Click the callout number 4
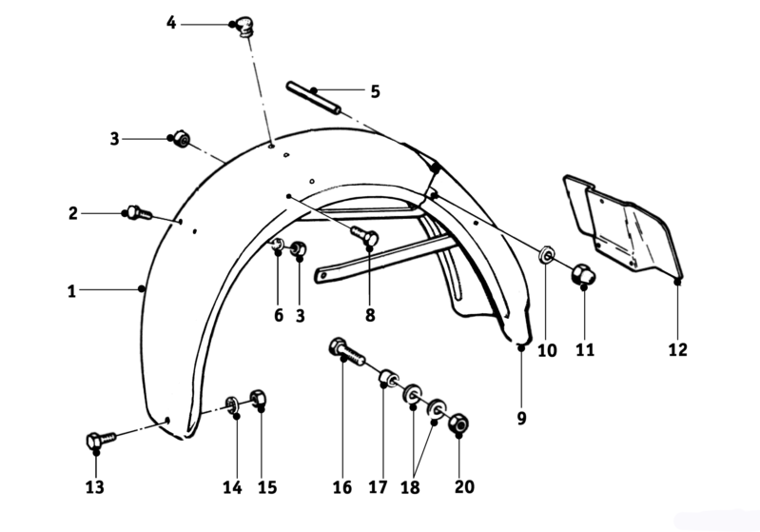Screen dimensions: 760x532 (171, 22)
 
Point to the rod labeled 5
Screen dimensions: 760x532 (313, 98)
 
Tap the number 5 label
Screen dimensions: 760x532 (375, 91)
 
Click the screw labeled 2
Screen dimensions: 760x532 (139, 213)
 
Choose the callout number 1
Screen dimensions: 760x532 (71, 291)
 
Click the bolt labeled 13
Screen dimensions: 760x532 (101, 440)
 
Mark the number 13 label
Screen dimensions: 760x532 (94, 487)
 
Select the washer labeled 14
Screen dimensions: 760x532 (232, 404)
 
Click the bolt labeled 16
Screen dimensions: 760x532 (347, 352)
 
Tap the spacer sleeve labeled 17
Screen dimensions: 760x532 (389, 377)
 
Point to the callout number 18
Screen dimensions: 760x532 (410, 487)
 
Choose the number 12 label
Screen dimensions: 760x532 (677, 349)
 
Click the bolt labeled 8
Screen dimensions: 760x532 (364, 236)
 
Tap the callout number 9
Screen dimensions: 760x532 (521, 418)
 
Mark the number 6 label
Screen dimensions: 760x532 (279, 315)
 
